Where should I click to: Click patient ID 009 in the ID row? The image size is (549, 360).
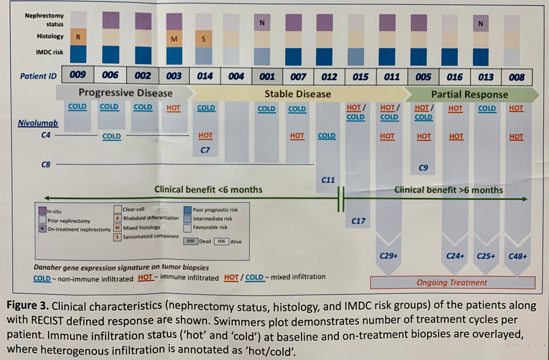pyautogui.click(x=78, y=75)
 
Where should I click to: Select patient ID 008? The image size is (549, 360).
pyautogui.click(x=516, y=77)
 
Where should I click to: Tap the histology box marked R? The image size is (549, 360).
pyautogui.click(x=78, y=37)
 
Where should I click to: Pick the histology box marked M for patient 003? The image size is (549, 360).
pyautogui.click(x=174, y=39)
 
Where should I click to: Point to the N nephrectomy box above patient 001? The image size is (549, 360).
pyautogui.click(x=262, y=23)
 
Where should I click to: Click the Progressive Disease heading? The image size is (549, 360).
pyautogui.click(x=125, y=93)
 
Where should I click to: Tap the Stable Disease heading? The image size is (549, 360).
pyautogui.click(x=298, y=94)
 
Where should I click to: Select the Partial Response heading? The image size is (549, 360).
pyautogui.click(x=469, y=94)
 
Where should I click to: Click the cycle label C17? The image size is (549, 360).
pyautogui.click(x=358, y=221)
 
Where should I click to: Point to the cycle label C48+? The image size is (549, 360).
pyautogui.click(x=517, y=256)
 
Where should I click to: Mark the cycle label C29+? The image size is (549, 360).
pyautogui.click(x=388, y=256)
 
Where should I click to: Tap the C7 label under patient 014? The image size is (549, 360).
pyautogui.click(x=205, y=150)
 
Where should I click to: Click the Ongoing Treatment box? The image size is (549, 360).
pyautogui.click(x=451, y=282)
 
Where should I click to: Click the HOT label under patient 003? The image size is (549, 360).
pyautogui.click(x=174, y=107)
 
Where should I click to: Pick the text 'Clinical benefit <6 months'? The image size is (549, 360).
pyautogui.click(x=208, y=189)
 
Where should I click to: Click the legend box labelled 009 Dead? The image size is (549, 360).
pyautogui.click(x=191, y=241)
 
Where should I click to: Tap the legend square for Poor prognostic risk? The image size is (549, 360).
pyautogui.click(x=188, y=210)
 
